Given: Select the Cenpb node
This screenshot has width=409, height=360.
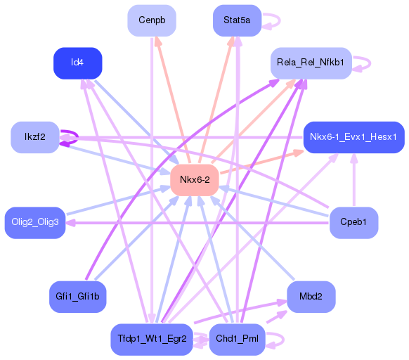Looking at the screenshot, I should pyautogui.click(x=152, y=20).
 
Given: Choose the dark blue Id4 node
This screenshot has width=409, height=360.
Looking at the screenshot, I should pyautogui.click(x=78, y=63).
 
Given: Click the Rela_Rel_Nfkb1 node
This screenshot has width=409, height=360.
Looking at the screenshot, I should pyautogui.click(x=311, y=63).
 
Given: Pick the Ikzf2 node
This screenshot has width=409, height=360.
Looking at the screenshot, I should pyautogui.click(x=35, y=136).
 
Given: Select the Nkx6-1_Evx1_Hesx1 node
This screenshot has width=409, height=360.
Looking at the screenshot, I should pyautogui.click(x=353, y=136).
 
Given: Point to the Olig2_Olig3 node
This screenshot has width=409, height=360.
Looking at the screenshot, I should pyautogui.click(x=35, y=222).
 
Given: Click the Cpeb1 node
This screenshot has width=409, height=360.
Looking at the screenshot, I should pyautogui.click(x=353, y=222).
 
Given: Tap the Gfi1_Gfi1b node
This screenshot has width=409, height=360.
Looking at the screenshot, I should pyautogui.click(x=78, y=297).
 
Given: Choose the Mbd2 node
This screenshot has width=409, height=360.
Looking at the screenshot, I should pyautogui.click(x=311, y=297).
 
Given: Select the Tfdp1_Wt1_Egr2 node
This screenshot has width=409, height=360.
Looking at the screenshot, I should pyautogui.click(x=152, y=340).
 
